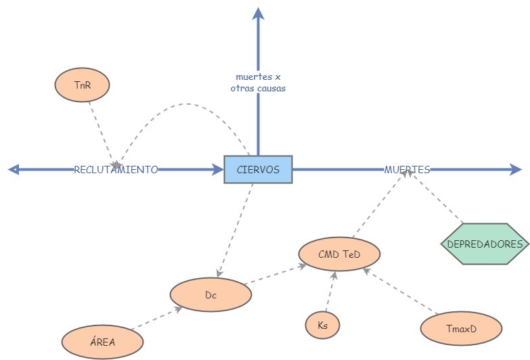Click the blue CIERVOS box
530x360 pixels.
(258, 169)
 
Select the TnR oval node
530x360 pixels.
(82, 85)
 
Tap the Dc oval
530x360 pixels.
(211, 295)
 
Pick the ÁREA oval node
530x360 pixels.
(102, 342)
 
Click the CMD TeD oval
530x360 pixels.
(339, 254)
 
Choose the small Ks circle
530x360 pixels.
(322, 325)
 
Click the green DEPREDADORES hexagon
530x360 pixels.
(485, 244)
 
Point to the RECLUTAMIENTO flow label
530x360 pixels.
(116, 169)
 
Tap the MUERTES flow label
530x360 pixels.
(407, 169)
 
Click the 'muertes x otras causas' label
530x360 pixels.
(258, 83)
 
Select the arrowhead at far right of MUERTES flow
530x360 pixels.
(517, 169)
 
